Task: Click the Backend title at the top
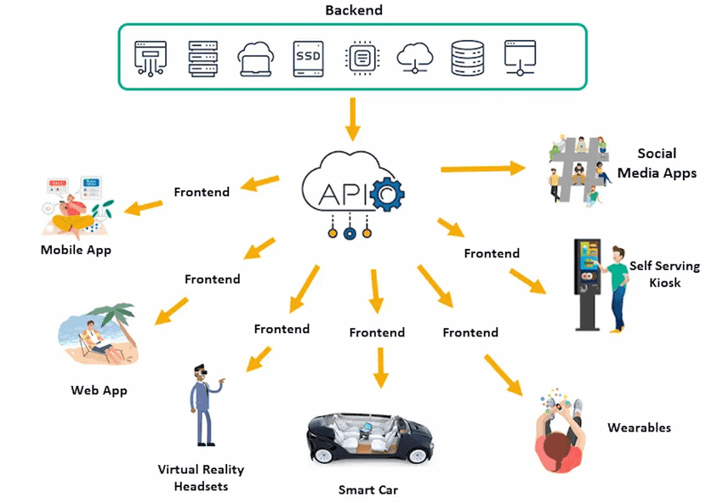354,10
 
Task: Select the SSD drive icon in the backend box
307,59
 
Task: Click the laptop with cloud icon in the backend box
254,59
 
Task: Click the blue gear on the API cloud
389,195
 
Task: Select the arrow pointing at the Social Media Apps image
482,168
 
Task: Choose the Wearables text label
639,427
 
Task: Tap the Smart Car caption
367,489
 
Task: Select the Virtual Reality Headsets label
201,478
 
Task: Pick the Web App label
99,391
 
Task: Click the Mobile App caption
76,250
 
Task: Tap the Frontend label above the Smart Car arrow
377,332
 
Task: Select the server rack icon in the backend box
202,59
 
